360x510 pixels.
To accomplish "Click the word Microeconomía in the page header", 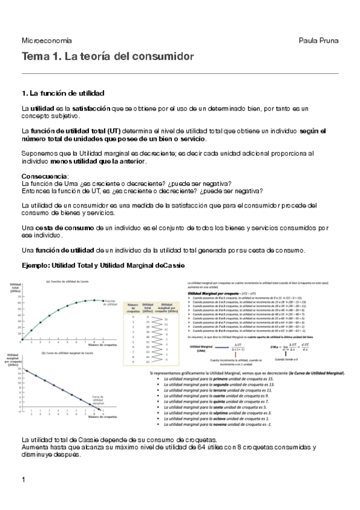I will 46,40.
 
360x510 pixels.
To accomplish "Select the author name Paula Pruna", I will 319,40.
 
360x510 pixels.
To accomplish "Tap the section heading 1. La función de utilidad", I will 63,93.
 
